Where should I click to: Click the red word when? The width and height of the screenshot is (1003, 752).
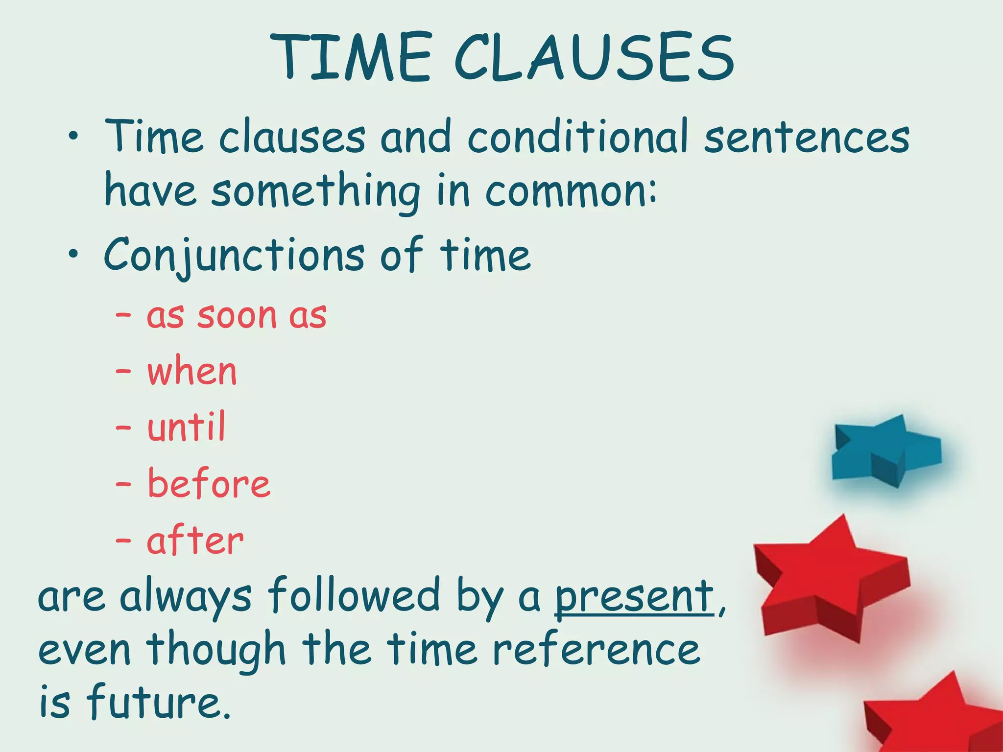[x=192, y=372]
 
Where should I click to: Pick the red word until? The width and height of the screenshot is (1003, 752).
[x=187, y=427]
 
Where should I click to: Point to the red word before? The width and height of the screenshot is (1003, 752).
[x=209, y=484]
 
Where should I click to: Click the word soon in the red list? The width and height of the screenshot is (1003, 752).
[x=237, y=316]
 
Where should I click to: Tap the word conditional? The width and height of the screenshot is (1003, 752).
[x=578, y=137]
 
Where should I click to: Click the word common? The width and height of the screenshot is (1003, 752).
[x=571, y=191]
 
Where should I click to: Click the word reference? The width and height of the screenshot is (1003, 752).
[x=596, y=650]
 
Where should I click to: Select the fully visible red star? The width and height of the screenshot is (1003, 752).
[x=830, y=580]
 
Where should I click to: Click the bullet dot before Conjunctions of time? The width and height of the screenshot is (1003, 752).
[x=73, y=254]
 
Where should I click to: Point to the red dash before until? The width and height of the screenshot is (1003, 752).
[x=123, y=427]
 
